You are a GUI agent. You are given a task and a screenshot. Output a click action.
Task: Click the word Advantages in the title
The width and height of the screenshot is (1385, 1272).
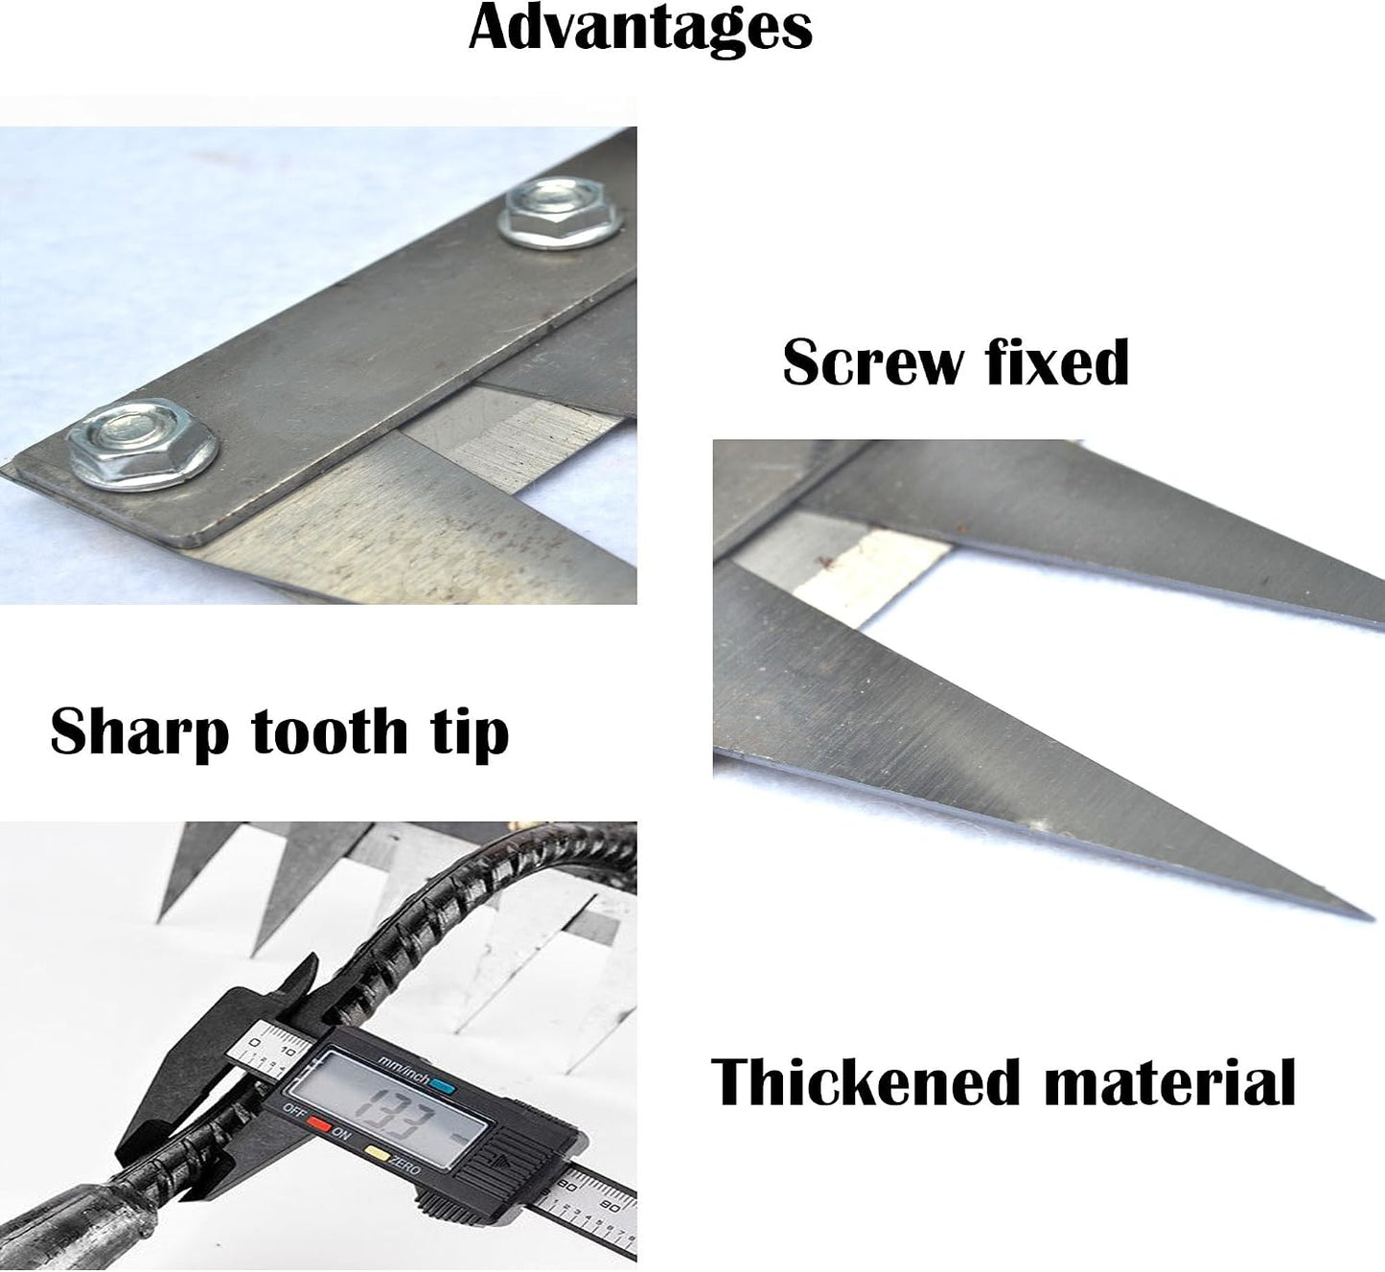click(640, 29)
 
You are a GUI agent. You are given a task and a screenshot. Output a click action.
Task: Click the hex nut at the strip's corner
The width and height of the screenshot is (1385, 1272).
click(143, 444)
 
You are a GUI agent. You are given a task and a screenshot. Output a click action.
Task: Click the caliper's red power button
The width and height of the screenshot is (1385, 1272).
click(319, 1123)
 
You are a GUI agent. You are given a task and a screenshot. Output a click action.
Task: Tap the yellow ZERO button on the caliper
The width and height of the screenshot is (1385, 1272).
click(377, 1151)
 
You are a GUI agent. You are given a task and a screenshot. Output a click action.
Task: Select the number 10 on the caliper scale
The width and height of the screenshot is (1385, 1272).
click(288, 1051)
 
